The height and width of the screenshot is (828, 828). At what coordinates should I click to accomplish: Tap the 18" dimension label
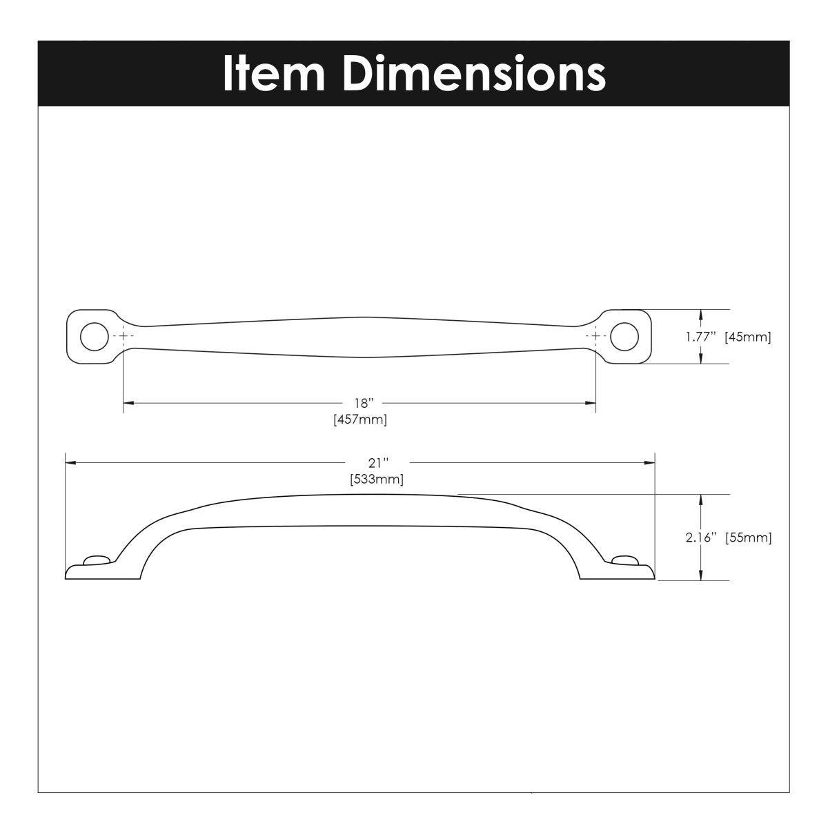click(x=360, y=403)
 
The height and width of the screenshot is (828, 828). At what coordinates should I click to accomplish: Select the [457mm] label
click(x=360, y=419)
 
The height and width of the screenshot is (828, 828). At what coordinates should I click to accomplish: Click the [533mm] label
click(x=377, y=478)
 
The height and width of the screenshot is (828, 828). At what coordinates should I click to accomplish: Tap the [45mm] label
click(x=747, y=337)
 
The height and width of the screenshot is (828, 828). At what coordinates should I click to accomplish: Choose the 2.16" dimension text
click(x=701, y=538)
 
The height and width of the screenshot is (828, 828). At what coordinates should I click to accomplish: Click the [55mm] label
click(x=748, y=538)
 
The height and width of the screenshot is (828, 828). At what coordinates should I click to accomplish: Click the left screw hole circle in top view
click(x=94, y=335)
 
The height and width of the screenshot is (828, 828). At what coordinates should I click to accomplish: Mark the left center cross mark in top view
click(x=124, y=335)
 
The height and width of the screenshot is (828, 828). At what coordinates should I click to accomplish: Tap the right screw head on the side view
click(x=623, y=560)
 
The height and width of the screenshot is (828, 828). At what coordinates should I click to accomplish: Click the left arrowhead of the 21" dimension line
click(x=69, y=462)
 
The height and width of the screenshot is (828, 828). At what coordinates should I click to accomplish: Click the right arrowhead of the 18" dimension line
click(x=591, y=402)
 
